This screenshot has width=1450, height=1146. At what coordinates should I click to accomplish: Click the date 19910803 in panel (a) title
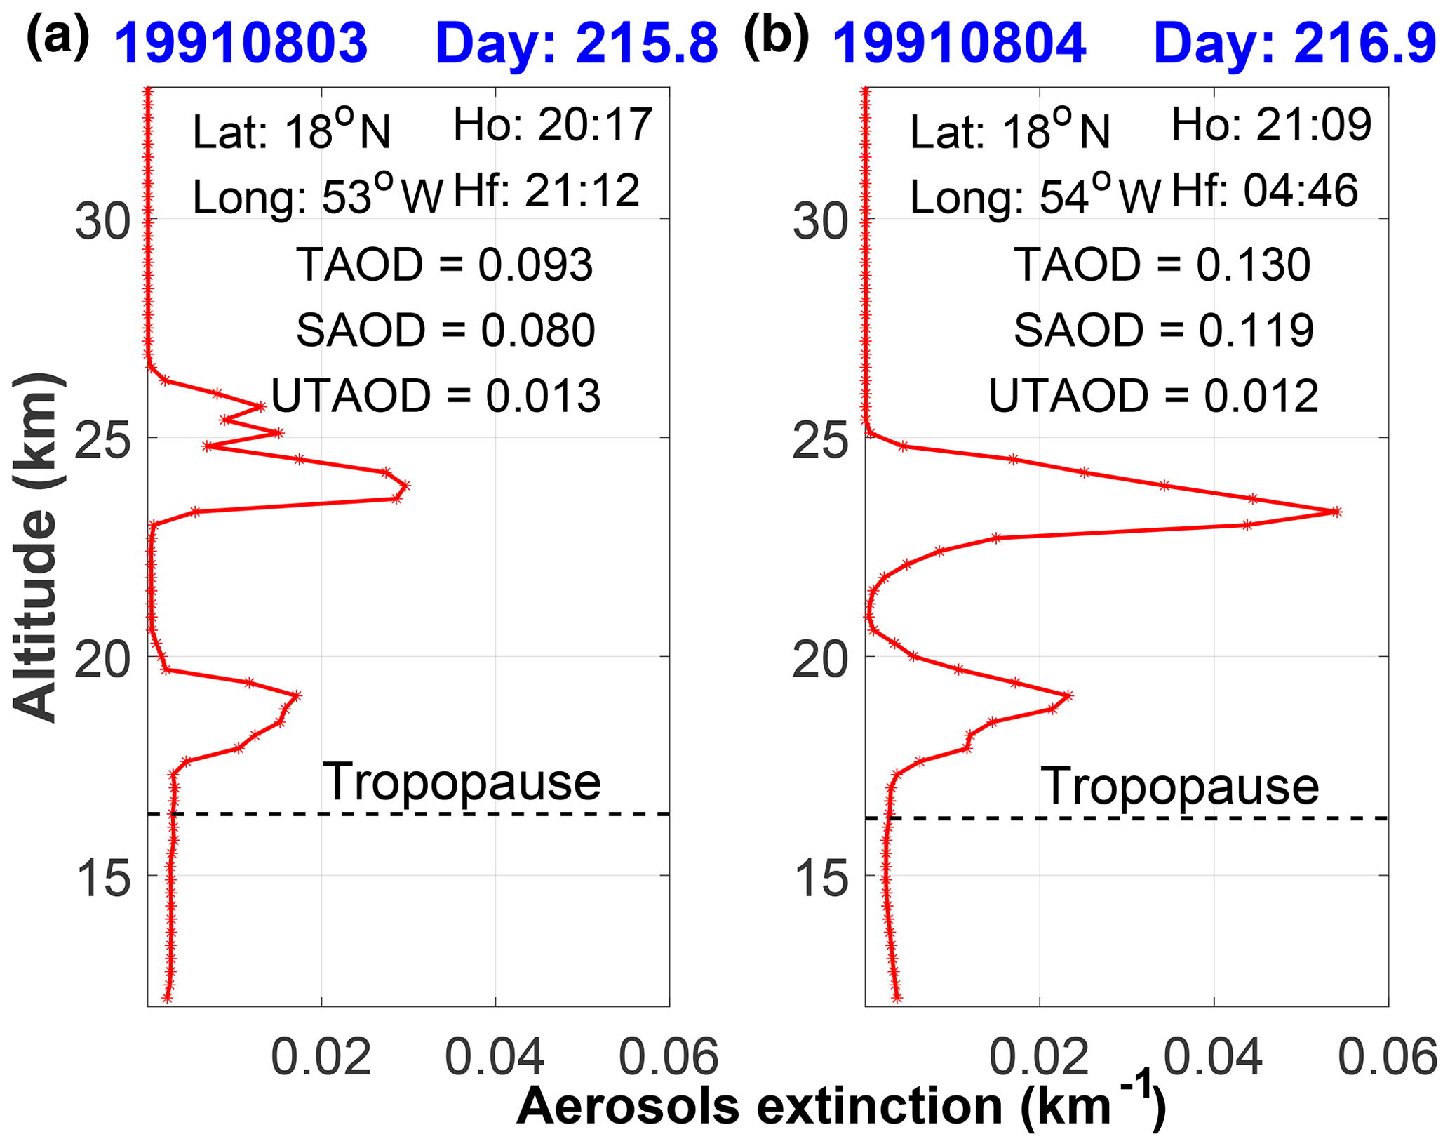(x=241, y=44)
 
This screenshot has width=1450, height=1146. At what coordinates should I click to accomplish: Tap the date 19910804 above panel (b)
(x=959, y=44)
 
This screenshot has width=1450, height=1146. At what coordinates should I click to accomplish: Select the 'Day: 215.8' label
(x=577, y=44)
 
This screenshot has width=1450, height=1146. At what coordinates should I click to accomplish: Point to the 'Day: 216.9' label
(x=1295, y=44)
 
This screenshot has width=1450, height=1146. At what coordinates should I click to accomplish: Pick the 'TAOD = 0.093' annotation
(x=445, y=265)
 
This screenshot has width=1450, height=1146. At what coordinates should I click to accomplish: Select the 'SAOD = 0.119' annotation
(x=1163, y=330)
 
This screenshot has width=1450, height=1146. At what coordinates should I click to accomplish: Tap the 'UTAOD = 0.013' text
(x=436, y=395)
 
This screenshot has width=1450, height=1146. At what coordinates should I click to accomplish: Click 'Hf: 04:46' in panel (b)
(x=1265, y=191)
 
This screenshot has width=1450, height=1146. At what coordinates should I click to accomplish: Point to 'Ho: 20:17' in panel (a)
(x=553, y=126)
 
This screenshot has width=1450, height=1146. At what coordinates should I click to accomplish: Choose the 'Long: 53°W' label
(x=318, y=196)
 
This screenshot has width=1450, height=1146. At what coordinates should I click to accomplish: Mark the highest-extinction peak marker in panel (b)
(x=1336, y=512)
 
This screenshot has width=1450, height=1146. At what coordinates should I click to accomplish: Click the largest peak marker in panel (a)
(x=405, y=486)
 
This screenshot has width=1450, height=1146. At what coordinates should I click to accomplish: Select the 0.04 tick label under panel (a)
(x=495, y=1057)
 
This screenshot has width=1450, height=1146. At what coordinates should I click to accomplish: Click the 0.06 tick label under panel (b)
(x=1388, y=1057)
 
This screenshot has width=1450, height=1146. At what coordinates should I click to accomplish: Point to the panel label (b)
(x=776, y=35)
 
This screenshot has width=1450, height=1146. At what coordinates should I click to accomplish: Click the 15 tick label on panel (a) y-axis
(x=103, y=881)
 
